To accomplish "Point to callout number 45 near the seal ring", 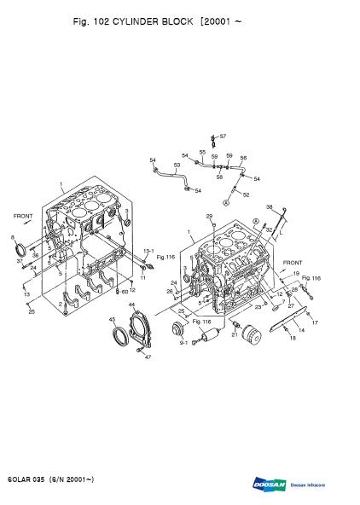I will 112,320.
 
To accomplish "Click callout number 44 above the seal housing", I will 131,305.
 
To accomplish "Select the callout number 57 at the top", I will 222,136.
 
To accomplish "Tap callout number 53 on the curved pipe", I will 177,165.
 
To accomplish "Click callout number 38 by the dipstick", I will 269,207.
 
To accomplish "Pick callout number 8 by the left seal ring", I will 12,237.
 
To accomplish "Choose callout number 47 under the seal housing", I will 148,357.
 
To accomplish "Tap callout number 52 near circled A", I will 247,195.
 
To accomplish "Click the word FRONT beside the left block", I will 23,217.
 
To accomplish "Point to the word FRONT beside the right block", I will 293,263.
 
